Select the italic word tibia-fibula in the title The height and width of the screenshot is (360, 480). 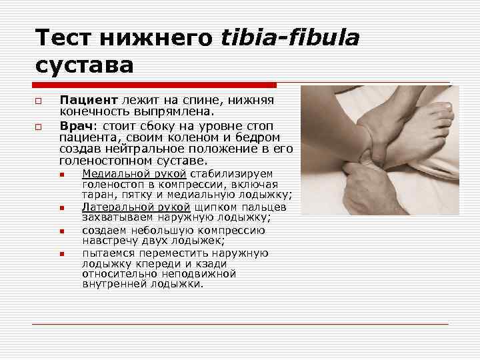pos(291,38)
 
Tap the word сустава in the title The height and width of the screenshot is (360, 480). pos(85,65)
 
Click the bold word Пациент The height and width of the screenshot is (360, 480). pos(86,100)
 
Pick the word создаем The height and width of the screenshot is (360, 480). pos(105,231)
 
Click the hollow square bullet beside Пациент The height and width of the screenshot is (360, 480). pos(41,101)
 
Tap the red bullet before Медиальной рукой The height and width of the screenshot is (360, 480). pos(61,175)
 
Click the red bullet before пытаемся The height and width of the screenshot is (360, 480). pos(61,254)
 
